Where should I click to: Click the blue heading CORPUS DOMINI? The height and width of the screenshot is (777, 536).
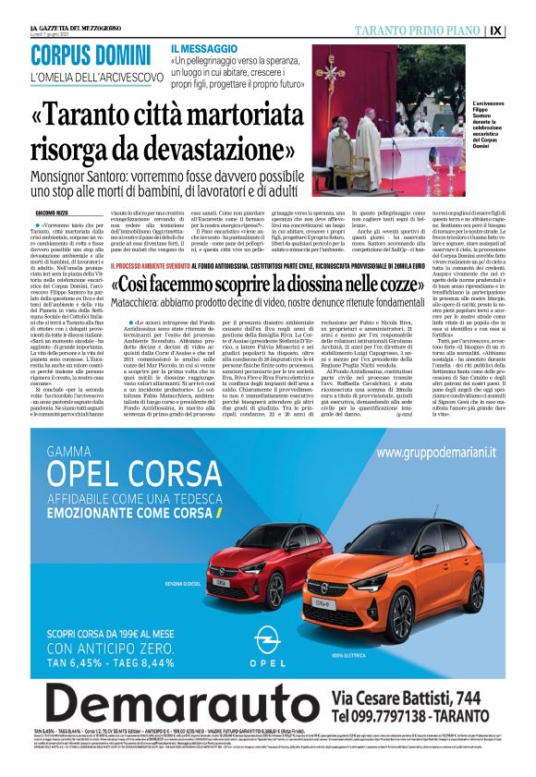click(x=91, y=55)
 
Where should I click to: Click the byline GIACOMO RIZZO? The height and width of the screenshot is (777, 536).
click(x=55, y=213)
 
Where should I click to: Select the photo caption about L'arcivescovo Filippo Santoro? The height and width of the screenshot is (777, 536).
click(x=496, y=125)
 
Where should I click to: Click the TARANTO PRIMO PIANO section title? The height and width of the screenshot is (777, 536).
click(x=428, y=30)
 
